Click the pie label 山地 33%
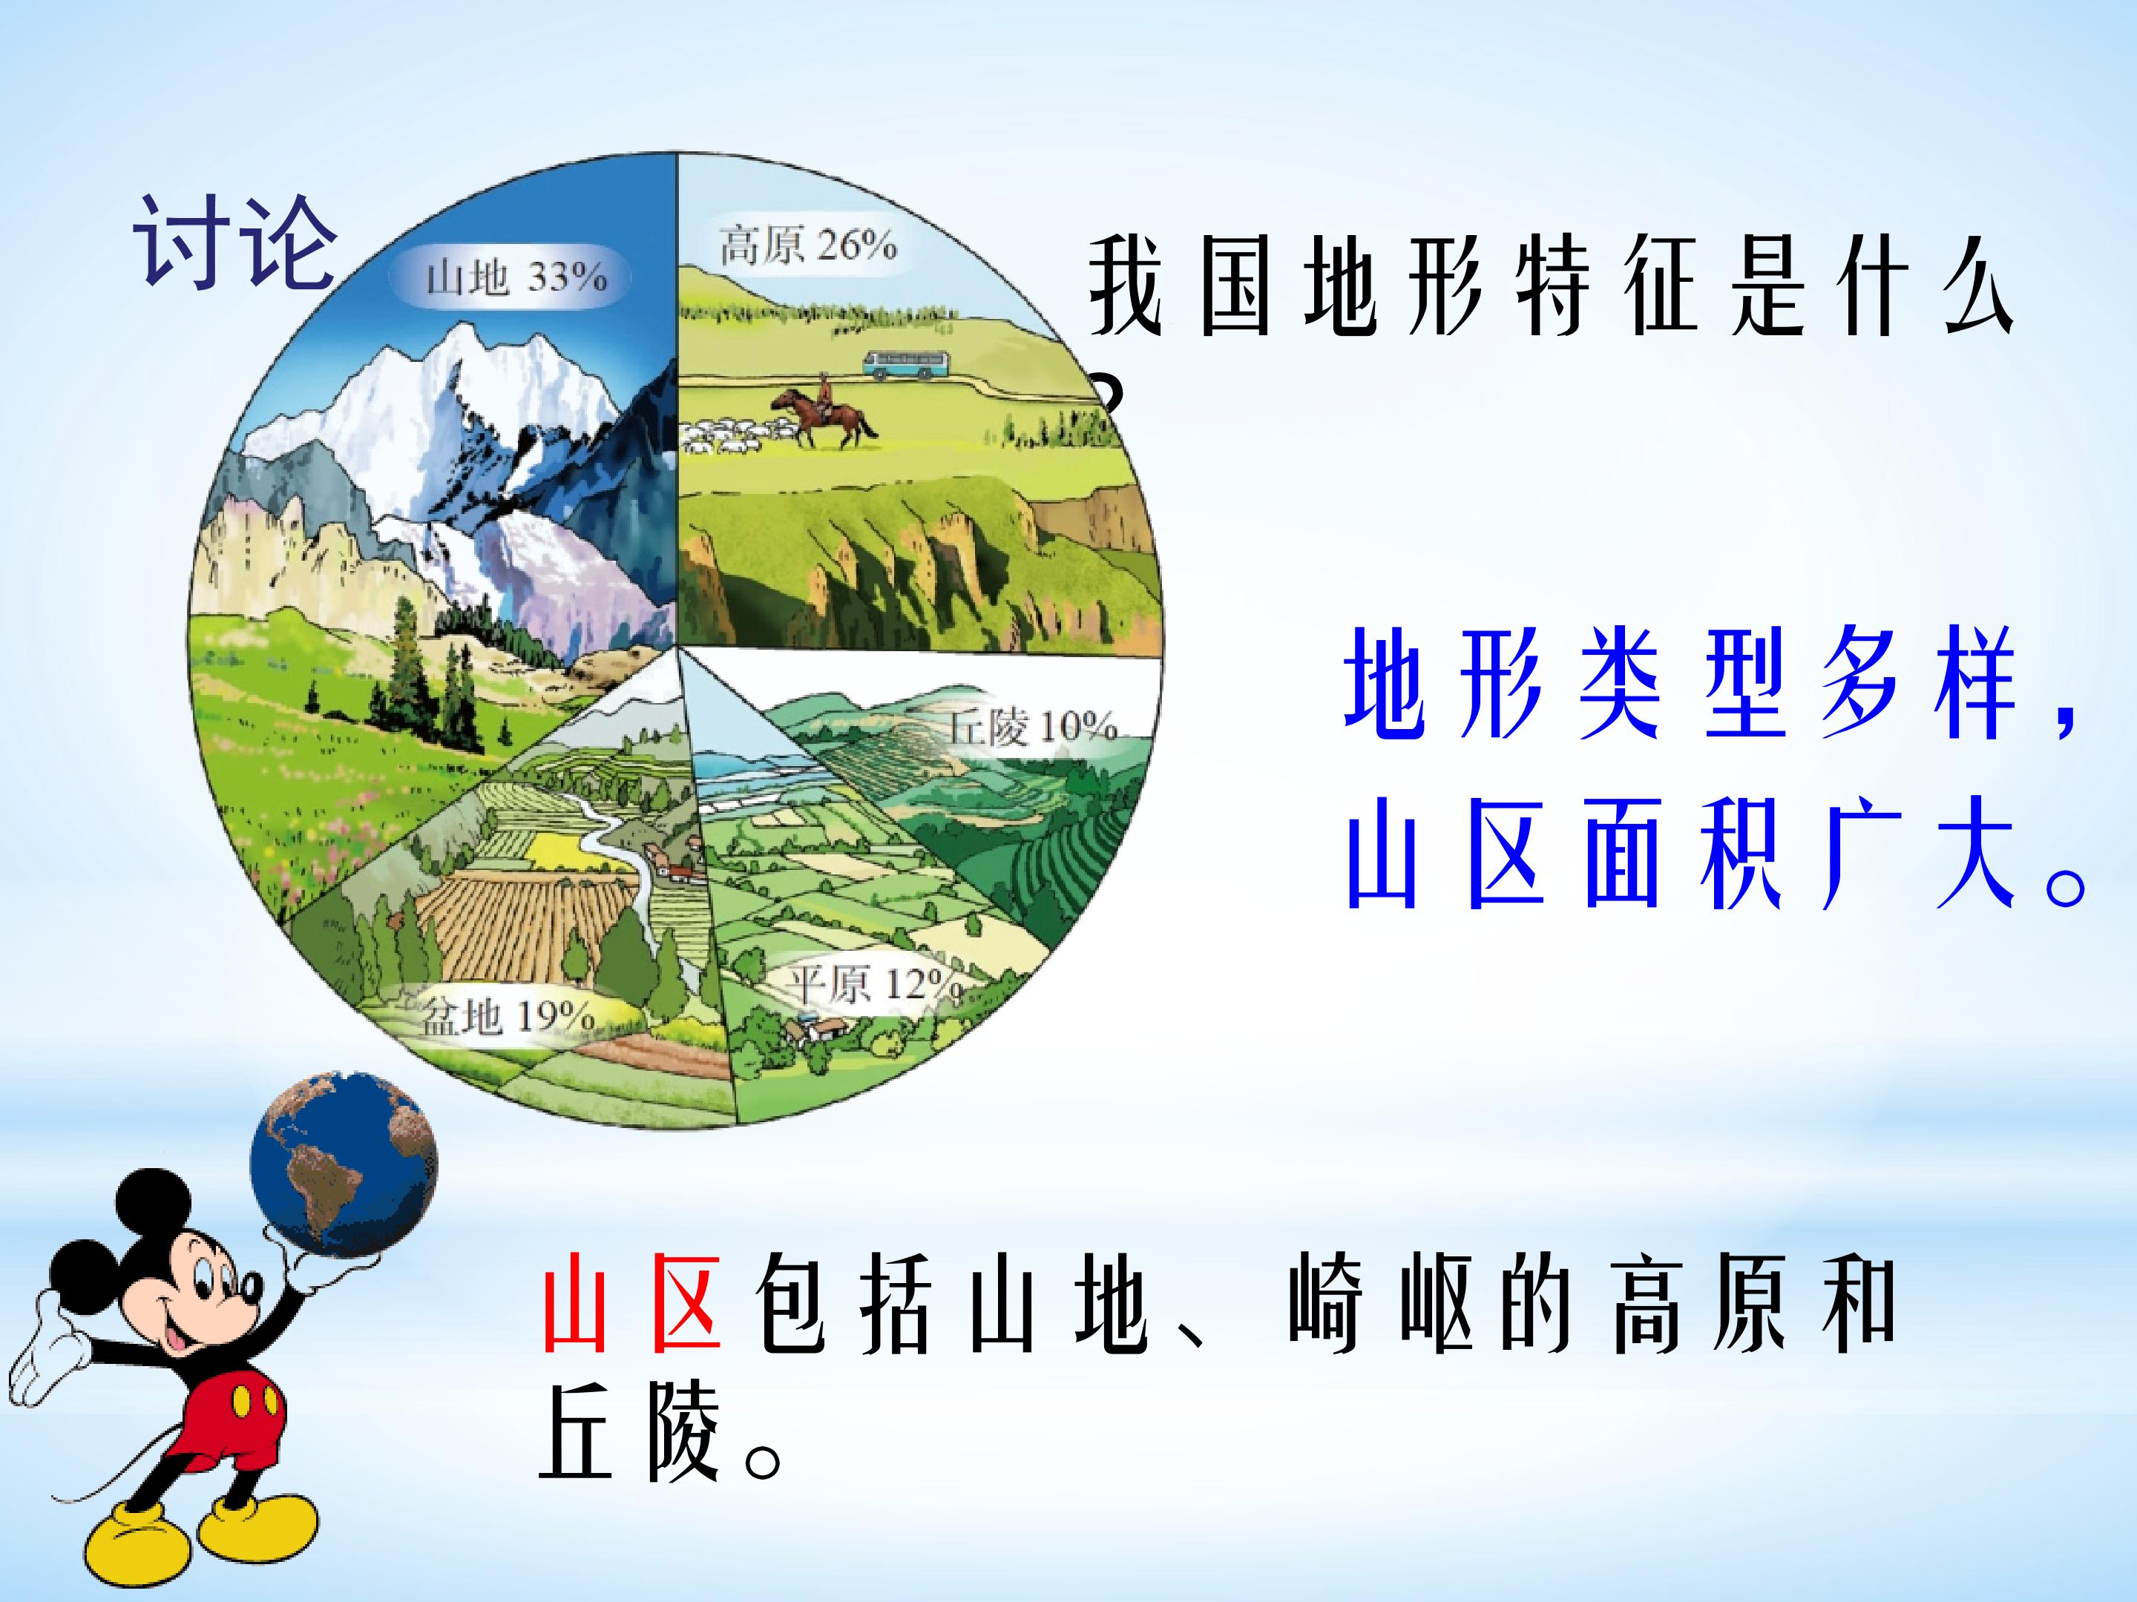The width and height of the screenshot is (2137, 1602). (x=517, y=278)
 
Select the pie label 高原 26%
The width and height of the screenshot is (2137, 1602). (x=807, y=245)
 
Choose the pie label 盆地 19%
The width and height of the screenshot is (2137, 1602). (x=508, y=1016)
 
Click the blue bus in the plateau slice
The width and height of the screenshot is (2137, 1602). (x=905, y=364)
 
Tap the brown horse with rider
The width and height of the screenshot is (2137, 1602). (x=823, y=412)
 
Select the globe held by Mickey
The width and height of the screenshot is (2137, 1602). (x=343, y=1163)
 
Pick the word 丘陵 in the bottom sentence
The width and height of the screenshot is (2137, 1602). (x=630, y=1431)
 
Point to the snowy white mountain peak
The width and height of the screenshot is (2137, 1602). (x=454, y=386)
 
